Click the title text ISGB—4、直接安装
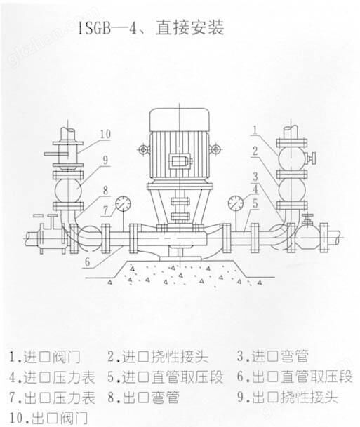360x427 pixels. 152,28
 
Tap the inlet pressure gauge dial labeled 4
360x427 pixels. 236,203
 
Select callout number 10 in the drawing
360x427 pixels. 105,134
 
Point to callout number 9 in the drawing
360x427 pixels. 106,160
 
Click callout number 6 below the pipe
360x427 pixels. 88,262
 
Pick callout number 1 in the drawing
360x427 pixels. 255,130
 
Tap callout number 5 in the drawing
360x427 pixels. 255,203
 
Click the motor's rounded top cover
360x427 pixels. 180,120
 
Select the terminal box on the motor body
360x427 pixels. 180,161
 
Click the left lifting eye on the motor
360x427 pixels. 143,149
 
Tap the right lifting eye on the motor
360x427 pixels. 215,149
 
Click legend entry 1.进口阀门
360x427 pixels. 45,357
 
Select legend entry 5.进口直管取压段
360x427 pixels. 166,377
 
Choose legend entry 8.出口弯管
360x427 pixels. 144,398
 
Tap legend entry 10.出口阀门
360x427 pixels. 48,418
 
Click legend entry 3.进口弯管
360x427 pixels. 273,356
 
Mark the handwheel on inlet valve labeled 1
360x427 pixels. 312,158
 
